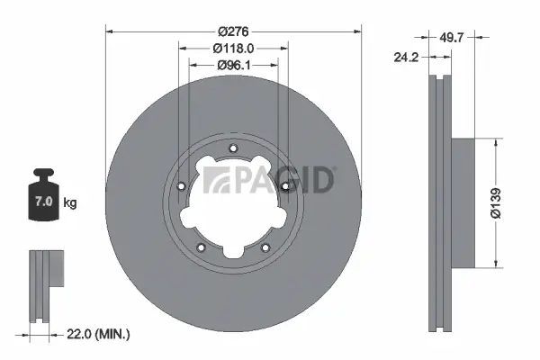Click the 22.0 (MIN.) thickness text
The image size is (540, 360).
[100, 334]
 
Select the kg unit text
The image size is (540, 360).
[70, 203]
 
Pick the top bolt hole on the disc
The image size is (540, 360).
[233, 149]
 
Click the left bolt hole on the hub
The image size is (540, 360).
[181, 186]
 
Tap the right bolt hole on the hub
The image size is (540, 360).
[285, 186]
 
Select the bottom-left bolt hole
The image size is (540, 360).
[201, 248]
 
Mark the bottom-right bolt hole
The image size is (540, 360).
[265, 248]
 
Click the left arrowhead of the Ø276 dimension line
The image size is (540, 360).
[110, 31]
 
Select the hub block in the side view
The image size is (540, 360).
[461, 202]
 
